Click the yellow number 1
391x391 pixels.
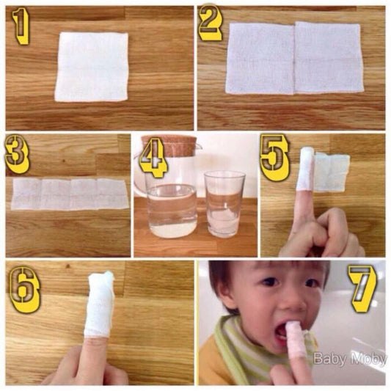coord(21,27)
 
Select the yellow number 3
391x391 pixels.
coord(18,155)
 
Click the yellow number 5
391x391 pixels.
coord(274,157)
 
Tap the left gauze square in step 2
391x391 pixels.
coord(260,59)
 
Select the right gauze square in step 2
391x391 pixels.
coord(329,57)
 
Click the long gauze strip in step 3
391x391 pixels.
coord(70,194)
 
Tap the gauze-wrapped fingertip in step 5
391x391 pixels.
coord(306,169)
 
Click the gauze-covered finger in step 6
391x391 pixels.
coord(99,304)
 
